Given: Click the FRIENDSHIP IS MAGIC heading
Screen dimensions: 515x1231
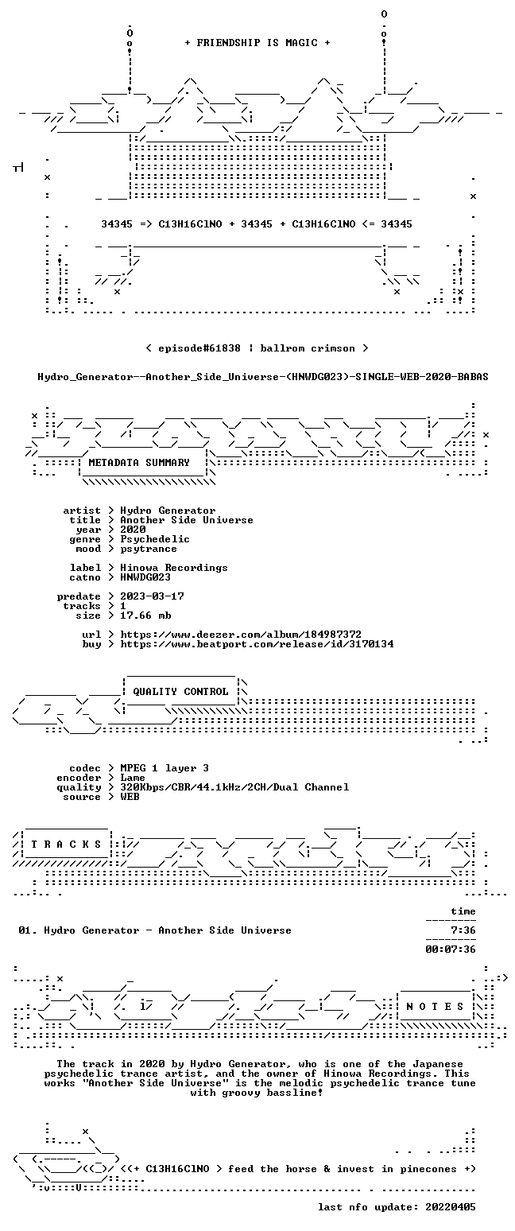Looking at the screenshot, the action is tap(257, 43).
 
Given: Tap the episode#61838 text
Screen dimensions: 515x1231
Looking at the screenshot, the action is tap(199, 348).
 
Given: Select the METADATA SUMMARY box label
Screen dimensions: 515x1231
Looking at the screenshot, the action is tap(139, 463).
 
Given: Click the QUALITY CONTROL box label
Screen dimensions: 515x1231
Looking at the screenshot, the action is tap(180, 692).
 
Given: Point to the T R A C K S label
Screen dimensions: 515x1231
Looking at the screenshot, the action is tap(66, 844).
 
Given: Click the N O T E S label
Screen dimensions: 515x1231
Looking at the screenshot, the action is tap(435, 1006).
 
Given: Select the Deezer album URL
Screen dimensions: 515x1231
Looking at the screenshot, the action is tap(241, 634).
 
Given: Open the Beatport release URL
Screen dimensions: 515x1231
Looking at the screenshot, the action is tap(257, 644).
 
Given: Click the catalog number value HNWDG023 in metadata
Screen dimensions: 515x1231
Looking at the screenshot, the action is tap(145, 577).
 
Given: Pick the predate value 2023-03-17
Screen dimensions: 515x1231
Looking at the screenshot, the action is tap(152, 596).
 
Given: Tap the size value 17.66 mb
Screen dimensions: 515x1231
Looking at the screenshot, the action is tap(145, 615).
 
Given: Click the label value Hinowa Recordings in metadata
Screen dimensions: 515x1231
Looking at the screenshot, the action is tap(174, 568).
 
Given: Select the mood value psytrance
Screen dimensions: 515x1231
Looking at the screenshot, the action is tap(149, 549).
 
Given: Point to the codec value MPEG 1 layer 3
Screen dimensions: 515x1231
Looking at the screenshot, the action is tap(165, 768).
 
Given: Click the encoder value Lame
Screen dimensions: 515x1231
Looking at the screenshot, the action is tap(133, 778).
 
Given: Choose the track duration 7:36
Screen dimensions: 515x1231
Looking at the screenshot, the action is tap(463, 930).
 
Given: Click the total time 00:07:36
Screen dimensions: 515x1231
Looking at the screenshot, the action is tap(451, 949).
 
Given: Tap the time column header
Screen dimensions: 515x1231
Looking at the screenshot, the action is tap(463, 911).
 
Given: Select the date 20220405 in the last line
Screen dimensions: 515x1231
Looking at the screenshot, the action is tap(451, 1207).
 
